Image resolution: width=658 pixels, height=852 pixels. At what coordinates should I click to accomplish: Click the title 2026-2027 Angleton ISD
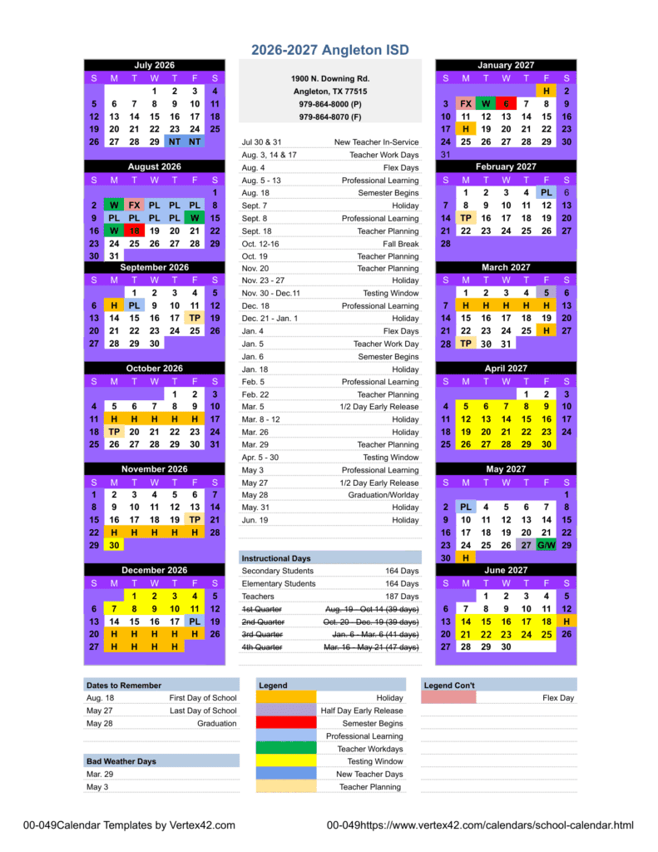(330, 50)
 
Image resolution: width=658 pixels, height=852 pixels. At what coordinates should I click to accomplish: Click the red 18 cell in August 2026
(134, 230)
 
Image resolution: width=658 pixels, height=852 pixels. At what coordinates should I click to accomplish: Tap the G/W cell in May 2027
(547, 545)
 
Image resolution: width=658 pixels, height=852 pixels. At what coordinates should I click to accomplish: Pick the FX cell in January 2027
(466, 104)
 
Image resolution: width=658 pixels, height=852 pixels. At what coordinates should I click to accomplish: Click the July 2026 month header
(154, 65)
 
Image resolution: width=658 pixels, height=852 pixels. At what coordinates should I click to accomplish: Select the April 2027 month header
(505, 369)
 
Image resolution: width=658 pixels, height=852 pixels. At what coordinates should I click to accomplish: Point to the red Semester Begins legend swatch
(285, 724)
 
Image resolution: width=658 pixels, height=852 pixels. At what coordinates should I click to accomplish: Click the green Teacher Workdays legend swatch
(285, 749)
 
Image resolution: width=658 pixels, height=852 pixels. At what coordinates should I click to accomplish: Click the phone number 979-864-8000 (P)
(330, 104)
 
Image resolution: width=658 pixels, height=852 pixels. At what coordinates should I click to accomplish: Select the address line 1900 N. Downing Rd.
(330, 78)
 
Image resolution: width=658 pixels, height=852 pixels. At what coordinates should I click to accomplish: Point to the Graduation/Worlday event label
(383, 495)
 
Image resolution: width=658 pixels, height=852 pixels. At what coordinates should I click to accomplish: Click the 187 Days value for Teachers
(403, 597)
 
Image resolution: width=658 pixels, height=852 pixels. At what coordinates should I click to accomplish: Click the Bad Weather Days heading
(121, 761)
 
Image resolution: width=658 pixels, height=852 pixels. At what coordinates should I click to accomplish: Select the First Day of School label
(202, 698)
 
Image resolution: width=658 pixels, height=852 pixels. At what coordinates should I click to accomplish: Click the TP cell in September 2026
(195, 318)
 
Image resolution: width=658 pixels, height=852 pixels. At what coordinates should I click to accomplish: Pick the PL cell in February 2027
(547, 192)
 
